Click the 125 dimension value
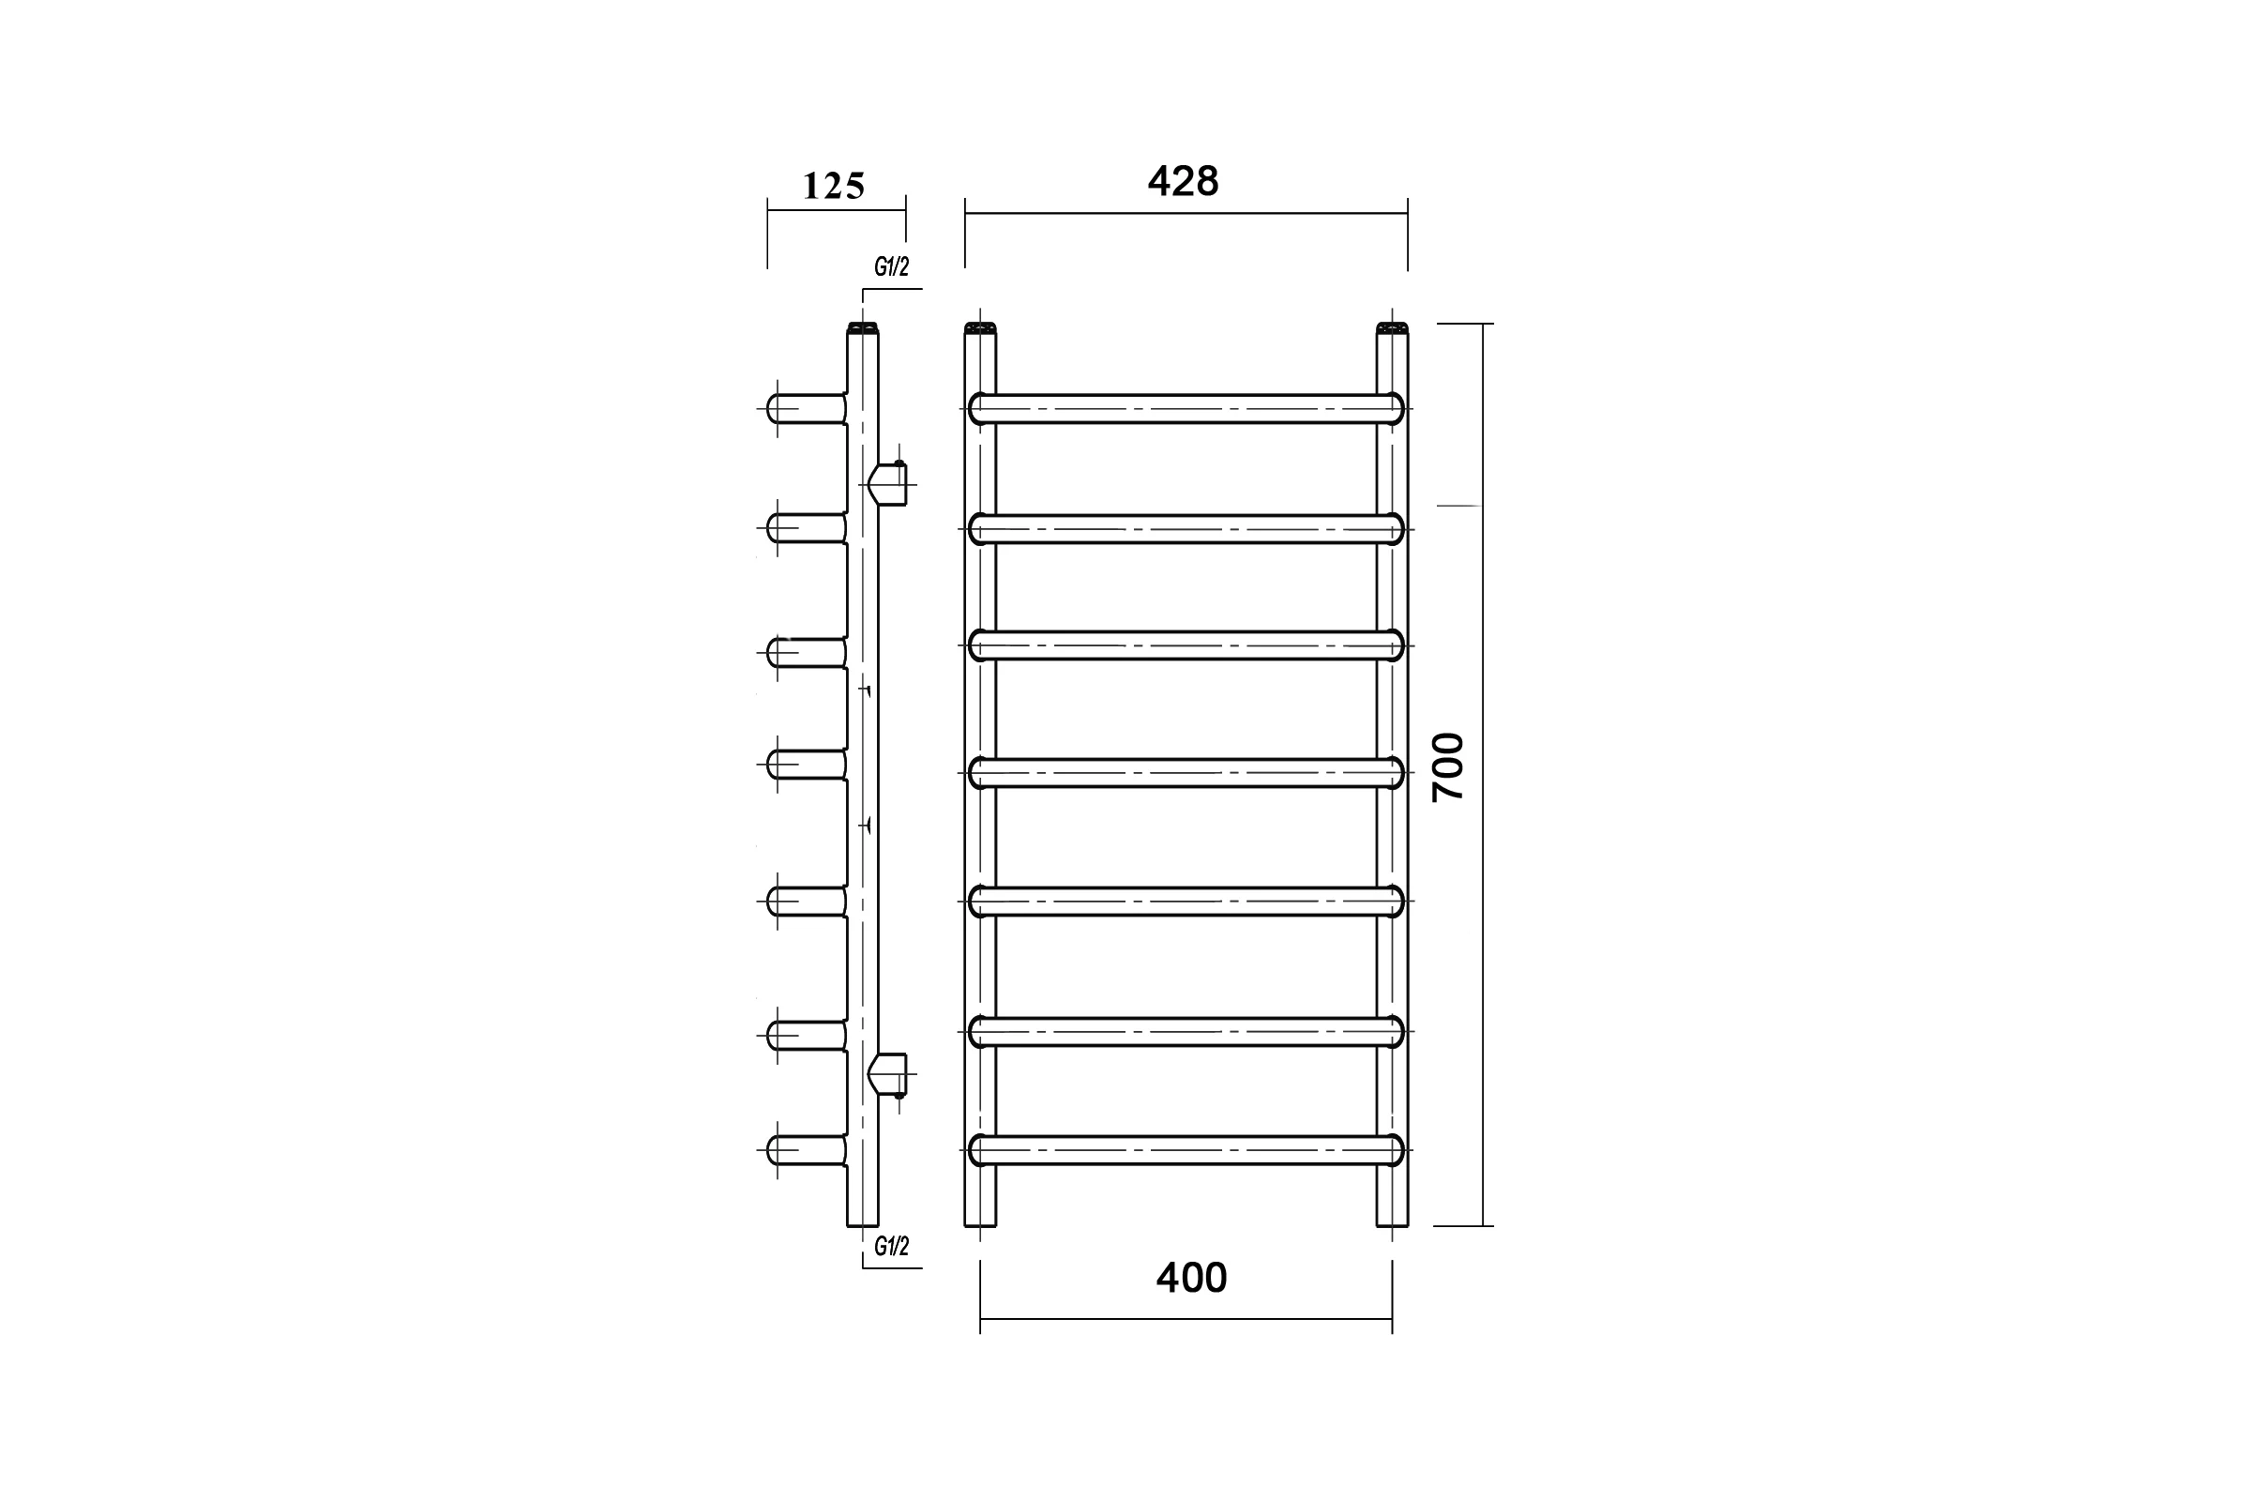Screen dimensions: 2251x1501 [x=834, y=187]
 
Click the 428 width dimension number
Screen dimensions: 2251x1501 [x=1184, y=181]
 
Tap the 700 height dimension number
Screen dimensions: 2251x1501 [x=1449, y=766]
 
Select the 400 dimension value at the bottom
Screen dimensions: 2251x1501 [x=1191, y=1278]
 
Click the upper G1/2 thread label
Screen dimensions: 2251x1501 [x=891, y=267]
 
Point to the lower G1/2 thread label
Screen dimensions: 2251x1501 [x=891, y=1246]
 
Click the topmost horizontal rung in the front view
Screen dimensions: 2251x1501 [x=1186, y=409]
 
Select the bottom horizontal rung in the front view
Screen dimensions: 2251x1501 [x=1186, y=1150]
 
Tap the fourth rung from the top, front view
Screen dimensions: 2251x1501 [x=1186, y=772]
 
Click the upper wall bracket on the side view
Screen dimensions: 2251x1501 [x=889, y=484]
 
